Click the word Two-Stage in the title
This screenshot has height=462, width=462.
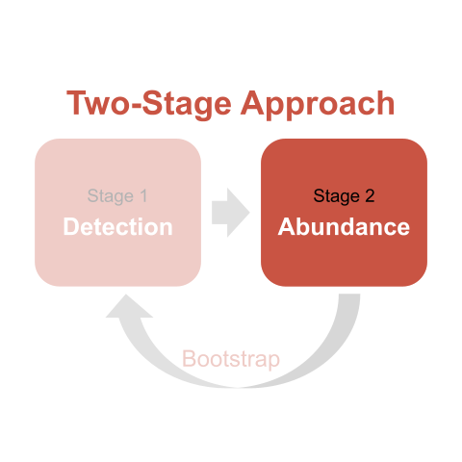coord(149,103)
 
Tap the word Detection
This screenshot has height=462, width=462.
coord(118,227)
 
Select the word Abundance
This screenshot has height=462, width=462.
coord(344,227)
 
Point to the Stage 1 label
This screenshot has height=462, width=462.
coord(117,196)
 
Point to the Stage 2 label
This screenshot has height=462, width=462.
coord(344,196)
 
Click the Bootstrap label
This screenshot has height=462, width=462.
coord(231,359)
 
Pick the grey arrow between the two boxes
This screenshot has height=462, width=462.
coord(231,213)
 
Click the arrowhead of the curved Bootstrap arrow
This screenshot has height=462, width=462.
coord(128,307)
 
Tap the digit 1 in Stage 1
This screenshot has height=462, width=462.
coord(143,195)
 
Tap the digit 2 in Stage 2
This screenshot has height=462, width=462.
coord(370,195)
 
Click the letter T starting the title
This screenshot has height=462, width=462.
coord(77,102)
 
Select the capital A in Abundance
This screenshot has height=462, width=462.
coord(287,226)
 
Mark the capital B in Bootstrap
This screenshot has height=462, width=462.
coord(189,358)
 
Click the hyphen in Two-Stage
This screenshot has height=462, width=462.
coord(137,107)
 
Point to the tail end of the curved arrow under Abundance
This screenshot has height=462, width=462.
coord(349,295)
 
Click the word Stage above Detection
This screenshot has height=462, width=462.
coord(111,196)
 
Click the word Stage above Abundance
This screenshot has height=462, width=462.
coord(336,196)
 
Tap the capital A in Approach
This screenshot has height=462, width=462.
coord(252,102)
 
